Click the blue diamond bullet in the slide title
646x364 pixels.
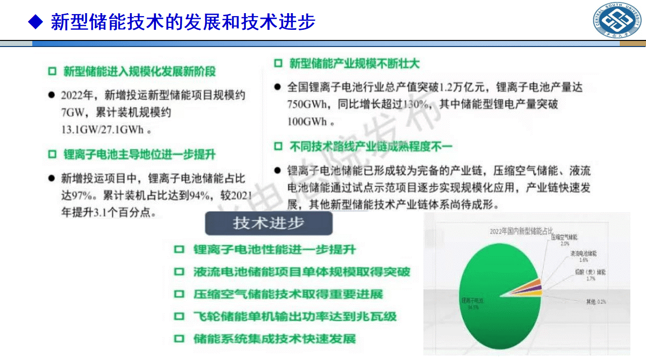[35, 21]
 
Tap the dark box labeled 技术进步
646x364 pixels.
[268, 223]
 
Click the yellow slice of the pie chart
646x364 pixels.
[537, 293]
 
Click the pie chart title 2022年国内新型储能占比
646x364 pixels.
[521, 232]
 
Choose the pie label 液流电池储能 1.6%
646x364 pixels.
[583, 256]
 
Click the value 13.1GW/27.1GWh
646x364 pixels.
[102, 129]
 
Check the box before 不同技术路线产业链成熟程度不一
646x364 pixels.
[278, 147]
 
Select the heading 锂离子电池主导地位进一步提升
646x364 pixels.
[139, 155]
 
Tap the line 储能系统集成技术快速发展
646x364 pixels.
[275, 338]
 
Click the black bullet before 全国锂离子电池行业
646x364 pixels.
[277, 87]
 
